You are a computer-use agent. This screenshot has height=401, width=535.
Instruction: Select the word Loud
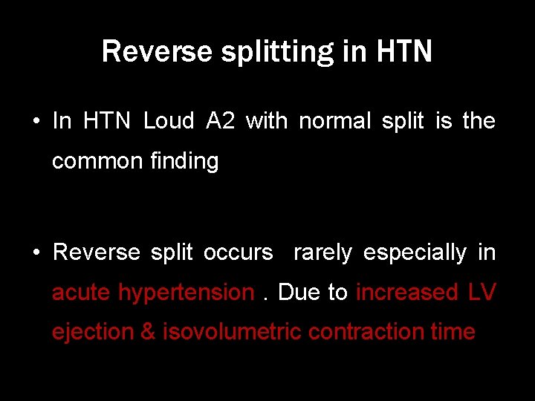tap(169, 120)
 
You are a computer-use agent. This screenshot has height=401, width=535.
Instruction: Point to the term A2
tap(220, 120)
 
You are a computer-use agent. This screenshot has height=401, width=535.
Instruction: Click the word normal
tap(334, 120)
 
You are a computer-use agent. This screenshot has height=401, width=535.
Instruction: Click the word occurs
tap(239, 252)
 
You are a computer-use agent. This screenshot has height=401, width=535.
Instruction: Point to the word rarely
tap(322, 252)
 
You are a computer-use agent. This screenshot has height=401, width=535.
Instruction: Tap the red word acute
tap(82, 293)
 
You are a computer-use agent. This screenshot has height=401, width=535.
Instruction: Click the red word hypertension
tap(186, 293)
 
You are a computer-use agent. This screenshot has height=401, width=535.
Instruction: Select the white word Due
tap(299, 293)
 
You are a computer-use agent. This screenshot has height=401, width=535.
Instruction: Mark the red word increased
tap(407, 293)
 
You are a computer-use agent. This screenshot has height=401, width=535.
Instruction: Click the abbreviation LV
tap(481, 293)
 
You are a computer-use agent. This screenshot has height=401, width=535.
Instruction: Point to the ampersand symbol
tap(148, 332)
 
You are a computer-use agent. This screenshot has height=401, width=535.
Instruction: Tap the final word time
tap(453, 332)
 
